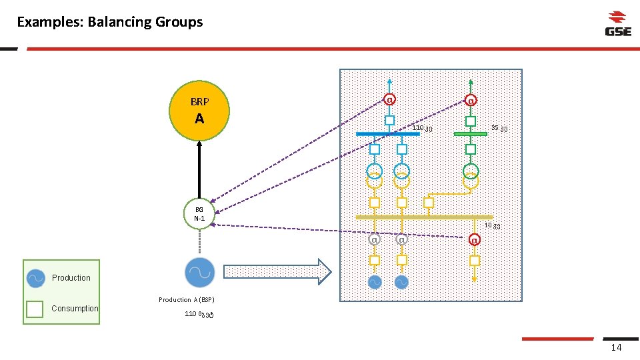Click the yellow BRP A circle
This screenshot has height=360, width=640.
[199, 111]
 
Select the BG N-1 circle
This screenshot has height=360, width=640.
[199, 214]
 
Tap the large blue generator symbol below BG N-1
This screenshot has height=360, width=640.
[199, 272]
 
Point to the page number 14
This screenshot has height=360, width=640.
[616, 348]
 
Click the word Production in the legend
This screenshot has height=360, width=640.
[71, 278]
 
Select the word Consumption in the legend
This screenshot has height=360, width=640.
[75, 309]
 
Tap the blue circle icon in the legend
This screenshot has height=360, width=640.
[36, 279]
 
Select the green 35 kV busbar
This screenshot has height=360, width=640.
[471, 134]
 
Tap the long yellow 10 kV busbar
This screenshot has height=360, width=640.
[424, 217]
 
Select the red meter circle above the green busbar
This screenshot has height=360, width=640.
[471, 101]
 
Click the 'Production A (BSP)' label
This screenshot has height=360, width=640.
[187, 300]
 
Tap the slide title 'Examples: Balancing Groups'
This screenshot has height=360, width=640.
[110, 22]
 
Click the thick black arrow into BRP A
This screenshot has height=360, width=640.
[199, 169]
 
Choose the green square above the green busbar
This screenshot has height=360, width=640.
[471, 121]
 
